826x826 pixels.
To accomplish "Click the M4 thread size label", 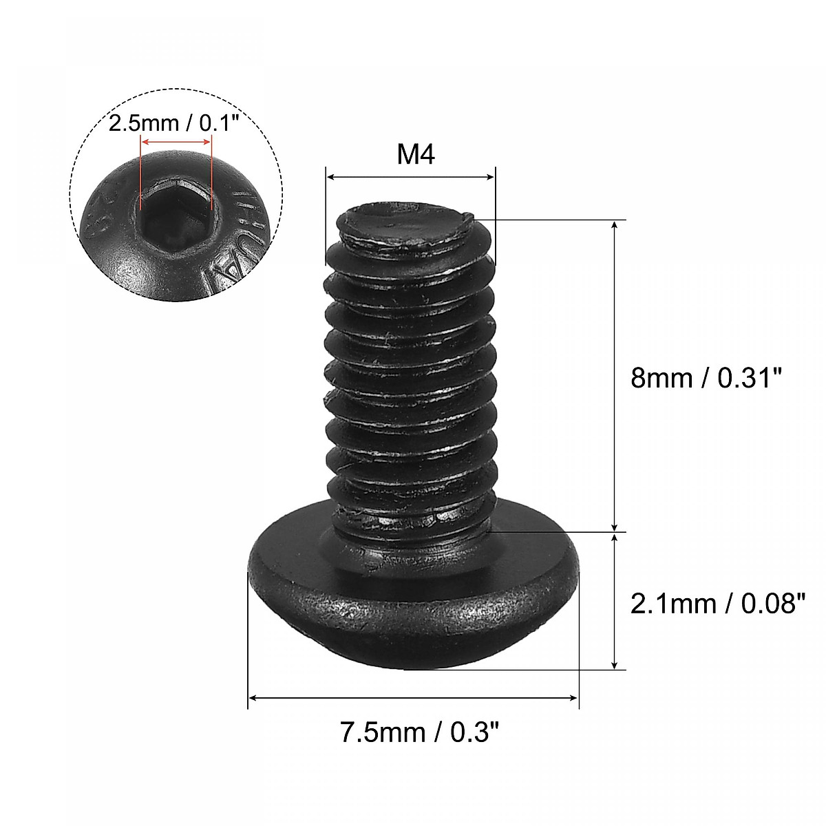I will click(416, 156).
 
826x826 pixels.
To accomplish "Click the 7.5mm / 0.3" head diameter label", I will click(419, 732).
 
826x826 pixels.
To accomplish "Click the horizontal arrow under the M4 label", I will click(410, 178).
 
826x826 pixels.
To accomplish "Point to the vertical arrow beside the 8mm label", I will click(614, 376).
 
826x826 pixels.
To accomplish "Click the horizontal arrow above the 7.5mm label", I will click(413, 698).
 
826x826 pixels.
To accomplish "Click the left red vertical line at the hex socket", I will click(140, 172).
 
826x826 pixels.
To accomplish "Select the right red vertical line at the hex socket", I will click(212, 172).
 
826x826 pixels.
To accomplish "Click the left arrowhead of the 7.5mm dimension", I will click(253, 698).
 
